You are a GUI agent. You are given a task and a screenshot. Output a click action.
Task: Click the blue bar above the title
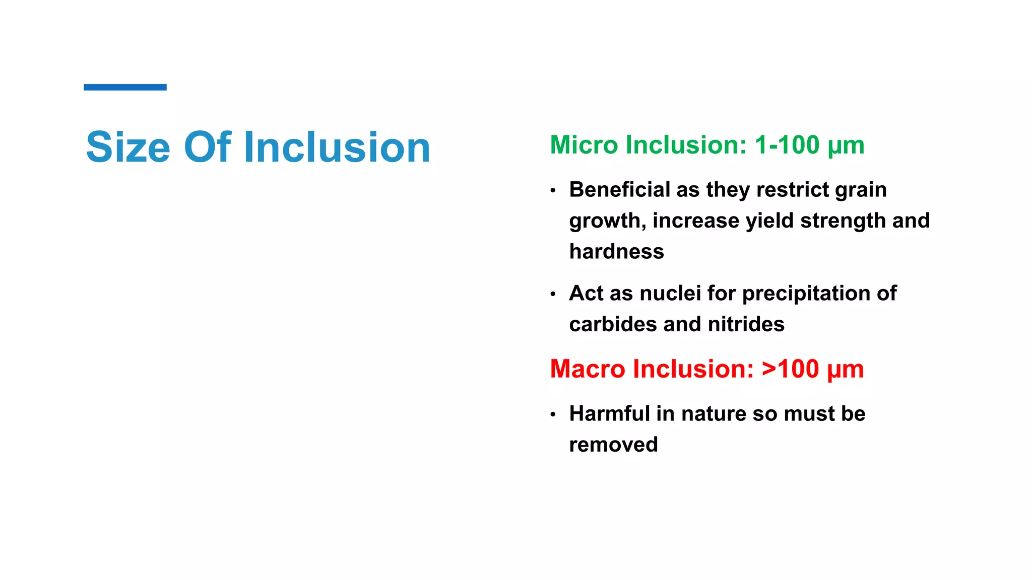tap(125, 87)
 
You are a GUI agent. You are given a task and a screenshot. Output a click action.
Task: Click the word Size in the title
tap(128, 147)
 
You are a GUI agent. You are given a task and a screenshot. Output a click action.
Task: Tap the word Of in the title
tap(208, 147)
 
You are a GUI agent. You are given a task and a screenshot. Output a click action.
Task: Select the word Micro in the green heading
tap(584, 145)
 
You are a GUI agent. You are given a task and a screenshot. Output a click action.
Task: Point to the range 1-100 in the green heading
tap(787, 145)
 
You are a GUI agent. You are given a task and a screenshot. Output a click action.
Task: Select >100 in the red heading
tap(790, 369)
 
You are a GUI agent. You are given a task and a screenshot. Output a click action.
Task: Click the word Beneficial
tap(619, 190)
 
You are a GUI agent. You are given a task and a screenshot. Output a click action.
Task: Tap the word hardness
tap(616, 252)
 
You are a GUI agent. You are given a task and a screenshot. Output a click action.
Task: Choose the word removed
tap(613, 445)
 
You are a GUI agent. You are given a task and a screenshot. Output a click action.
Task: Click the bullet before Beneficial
tap(553, 191)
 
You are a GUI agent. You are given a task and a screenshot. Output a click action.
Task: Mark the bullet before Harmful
tap(553, 415)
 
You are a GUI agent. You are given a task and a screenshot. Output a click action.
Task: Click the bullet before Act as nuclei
tap(553, 295)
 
